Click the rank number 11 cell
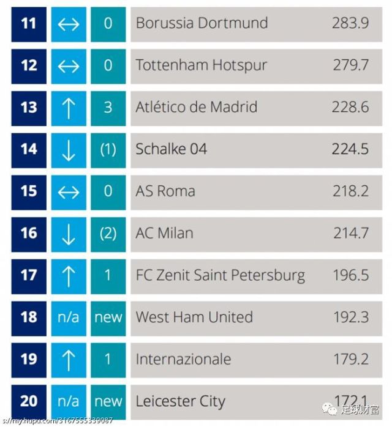pos(29,24)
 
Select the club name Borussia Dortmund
pos(202,24)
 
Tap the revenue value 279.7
pos(351,65)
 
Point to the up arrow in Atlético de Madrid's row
pos(69,108)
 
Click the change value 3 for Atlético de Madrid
pos(108,108)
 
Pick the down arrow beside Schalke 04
pos(69,149)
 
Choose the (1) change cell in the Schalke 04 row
pos(108,149)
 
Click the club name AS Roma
pos(165,191)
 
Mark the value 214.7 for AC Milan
pos(351,233)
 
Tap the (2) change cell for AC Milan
pos(108,233)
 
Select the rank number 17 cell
pos(29,275)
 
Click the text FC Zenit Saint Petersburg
pos(221,275)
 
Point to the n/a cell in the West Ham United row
pos(69,317)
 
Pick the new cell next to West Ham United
pos(108,317)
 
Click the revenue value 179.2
pos(351,359)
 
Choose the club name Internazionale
pos(183,359)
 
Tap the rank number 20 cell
pos(29,401)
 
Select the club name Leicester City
pos(180,401)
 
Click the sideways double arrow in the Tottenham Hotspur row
pos(69,65)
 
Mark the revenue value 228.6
pos(351,108)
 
